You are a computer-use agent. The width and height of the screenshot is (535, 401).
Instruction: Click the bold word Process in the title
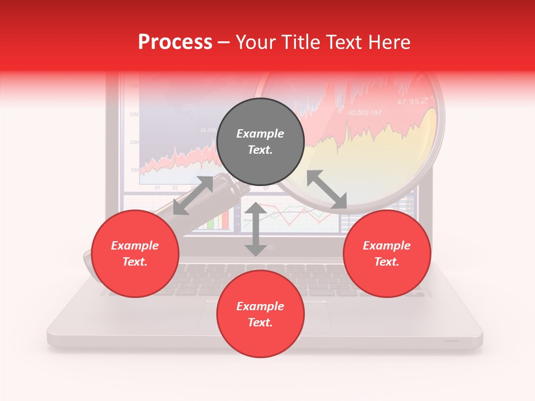[x=175, y=42]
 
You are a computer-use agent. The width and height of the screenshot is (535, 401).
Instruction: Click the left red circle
[x=135, y=253]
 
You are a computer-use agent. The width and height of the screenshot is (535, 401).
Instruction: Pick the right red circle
[x=387, y=253]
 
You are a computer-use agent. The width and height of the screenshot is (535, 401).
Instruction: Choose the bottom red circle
[x=260, y=314]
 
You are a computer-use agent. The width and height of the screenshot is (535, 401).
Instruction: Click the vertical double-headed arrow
[x=255, y=229]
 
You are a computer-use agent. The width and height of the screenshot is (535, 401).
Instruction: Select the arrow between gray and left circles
[x=193, y=195]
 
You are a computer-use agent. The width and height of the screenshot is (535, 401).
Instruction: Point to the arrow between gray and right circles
[x=327, y=190]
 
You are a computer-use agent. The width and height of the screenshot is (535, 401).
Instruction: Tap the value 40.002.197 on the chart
[x=365, y=113]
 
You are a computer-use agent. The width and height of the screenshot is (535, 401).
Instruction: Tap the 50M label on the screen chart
[x=134, y=114]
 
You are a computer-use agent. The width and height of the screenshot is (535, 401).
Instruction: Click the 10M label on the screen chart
[x=134, y=169]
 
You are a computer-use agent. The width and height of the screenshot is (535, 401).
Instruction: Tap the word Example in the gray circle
[x=260, y=134]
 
